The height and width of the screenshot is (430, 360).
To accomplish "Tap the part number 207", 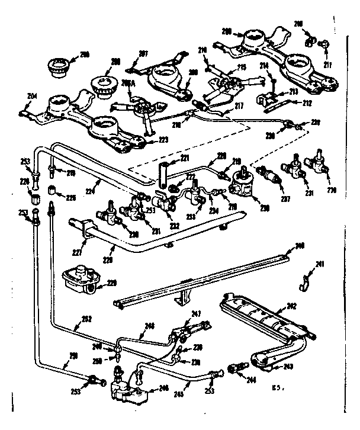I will tap(142, 54).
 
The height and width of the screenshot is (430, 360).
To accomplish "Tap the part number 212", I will tap(307, 101).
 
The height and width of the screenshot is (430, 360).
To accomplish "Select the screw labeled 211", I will tap(326, 44).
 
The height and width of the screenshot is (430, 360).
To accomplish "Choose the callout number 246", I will tap(160, 388).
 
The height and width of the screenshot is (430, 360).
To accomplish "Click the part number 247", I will tap(197, 313).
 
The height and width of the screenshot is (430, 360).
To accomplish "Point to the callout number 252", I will tap(87, 318).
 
